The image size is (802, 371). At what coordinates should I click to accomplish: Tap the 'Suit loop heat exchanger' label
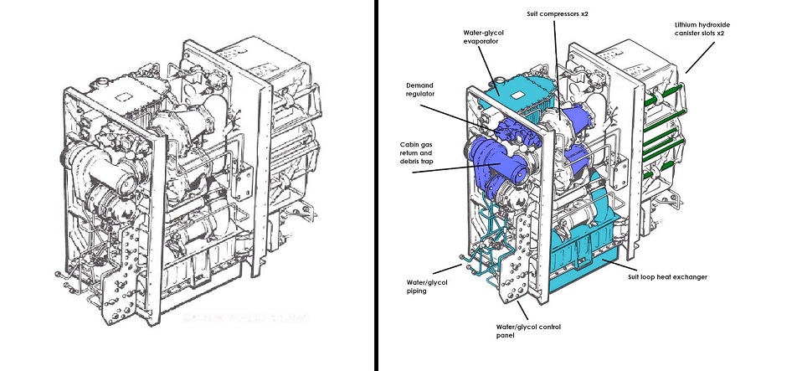click(668, 276)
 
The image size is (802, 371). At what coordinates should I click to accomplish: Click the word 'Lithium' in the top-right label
click(688, 26)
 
